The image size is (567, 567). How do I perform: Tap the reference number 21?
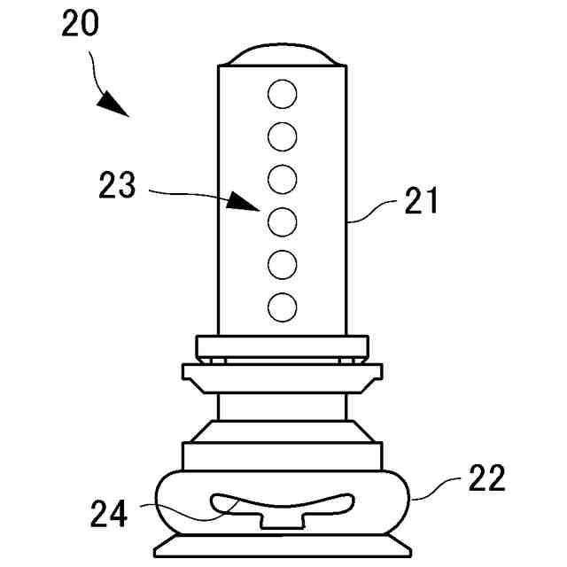pyautogui.click(x=421, y=202)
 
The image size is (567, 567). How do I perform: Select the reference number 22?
pyautogui.click(x=485, y=478)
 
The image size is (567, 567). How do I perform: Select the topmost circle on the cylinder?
pyautogui.click(x=282, y=93)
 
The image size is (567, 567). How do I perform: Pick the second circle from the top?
pyautogui.click(x=282, y=136)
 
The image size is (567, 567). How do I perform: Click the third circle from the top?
pyautogui.click(x=282, y=179)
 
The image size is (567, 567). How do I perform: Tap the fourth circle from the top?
pyautogui.click(x=282, y=221)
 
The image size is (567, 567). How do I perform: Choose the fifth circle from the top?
pyautogui.click(x=282, y=264)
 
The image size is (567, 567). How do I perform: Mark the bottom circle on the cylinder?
pyautogui.click(x=282, y=307)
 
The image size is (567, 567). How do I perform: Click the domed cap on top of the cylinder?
pyautogui.click(x=282, y=56)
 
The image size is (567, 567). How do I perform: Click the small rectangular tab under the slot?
pyautogui.click(x=282, y=521)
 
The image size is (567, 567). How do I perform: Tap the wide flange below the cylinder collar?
pyautogui.click(x=282, y=377)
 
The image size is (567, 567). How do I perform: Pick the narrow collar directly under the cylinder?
pyautogui.click(x=282, y=346)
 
